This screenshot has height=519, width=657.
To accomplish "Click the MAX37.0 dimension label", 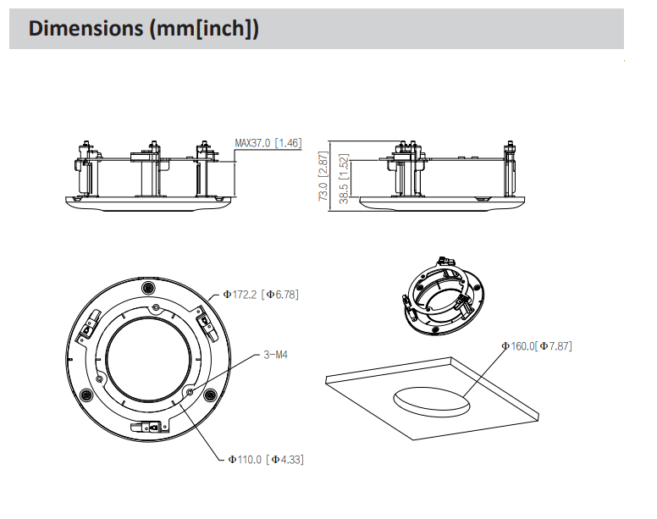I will tap(252, 143).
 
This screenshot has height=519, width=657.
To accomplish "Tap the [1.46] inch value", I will tap(289, 143).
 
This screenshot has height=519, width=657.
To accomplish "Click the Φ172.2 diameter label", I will tap(240, 295).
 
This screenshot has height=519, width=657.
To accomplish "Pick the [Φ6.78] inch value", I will tap(279, 295).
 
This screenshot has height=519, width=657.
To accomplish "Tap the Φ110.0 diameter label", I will tap(244, 459).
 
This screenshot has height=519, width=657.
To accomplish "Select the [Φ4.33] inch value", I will tap(284, 459).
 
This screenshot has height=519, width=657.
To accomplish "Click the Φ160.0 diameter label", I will tap(519, 345).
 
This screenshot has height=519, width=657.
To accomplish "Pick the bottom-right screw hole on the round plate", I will tap(207, 395).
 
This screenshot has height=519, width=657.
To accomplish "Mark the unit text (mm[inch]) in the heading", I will tap(204, 29).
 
